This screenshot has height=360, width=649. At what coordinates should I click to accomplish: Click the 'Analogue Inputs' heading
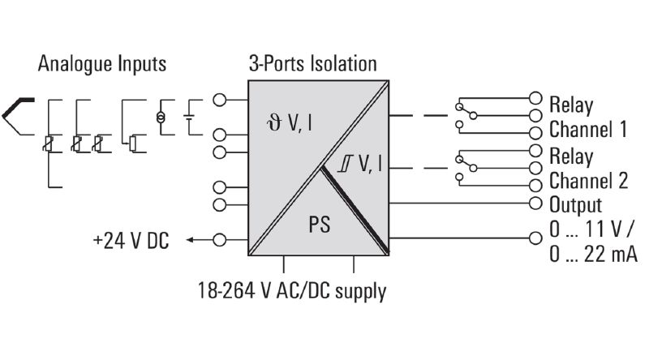coord(102,64)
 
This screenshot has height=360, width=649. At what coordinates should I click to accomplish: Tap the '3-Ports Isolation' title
coord(313,64)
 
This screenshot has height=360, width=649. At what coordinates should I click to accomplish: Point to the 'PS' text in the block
coord(320,225)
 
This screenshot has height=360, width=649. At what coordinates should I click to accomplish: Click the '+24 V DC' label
coord(131,241)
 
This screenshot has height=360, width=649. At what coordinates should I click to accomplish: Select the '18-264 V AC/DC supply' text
coord(292,291)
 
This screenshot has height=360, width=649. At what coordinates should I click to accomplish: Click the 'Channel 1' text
coord(587,129)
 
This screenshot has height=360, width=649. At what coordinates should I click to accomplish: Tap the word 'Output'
coord(575,205)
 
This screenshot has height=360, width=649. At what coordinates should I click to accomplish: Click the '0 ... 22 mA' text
coord(594,254)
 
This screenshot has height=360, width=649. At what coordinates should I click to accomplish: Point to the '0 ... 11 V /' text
coord(591,229)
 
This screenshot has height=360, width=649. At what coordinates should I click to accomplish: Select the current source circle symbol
coord(161,118)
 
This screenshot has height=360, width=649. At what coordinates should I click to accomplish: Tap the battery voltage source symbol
coord(189,117)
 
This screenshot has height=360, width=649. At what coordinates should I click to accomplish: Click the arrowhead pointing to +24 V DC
coord(190,239)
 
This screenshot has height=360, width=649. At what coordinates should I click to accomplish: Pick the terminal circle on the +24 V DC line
coord(219,239)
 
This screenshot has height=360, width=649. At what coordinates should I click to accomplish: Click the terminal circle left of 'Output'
coord(535,204)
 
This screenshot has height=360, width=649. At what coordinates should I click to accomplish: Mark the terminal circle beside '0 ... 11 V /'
coord(535,238)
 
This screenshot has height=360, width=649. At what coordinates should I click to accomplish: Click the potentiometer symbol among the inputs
coord(132,144)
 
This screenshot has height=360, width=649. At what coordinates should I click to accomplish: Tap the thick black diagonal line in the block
coord(355,209)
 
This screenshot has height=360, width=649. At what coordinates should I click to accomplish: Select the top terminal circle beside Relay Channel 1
coord(535,98)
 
